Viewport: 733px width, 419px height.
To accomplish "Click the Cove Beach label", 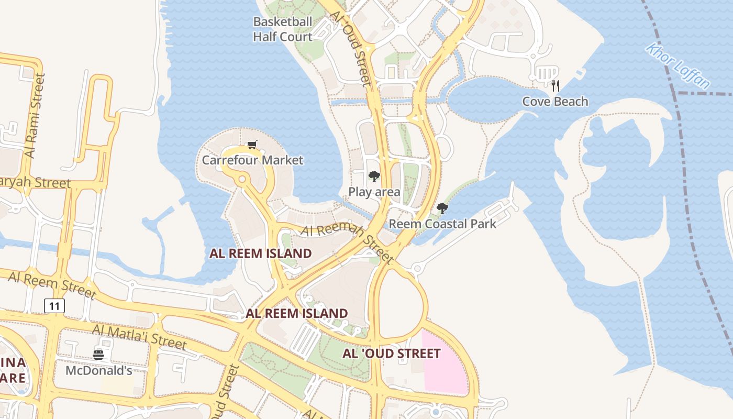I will coord(555,102).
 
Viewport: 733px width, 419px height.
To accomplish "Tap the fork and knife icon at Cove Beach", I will coord(556,86).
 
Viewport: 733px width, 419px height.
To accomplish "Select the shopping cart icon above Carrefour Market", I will coord(252,145).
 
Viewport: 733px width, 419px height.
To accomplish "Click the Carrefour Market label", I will coord(252,160).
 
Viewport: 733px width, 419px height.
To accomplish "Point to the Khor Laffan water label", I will coord(678,66).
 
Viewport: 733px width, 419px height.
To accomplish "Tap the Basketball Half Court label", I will coord(283,29).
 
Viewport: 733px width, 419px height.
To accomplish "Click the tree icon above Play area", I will coord(374,177).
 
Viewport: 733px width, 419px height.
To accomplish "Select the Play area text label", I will coord(374,192).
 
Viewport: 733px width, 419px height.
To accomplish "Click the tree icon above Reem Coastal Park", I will coord(442,208).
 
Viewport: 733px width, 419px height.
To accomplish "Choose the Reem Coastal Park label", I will coord(442,224).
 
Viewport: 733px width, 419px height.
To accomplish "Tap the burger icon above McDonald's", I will coord(98,355).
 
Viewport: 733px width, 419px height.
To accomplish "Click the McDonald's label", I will coord(98,370).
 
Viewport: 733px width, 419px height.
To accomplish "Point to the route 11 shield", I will coord(54,306).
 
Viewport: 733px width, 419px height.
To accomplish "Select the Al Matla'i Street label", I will coord(139,336).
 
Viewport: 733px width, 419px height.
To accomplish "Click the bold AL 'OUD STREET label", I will coord(391,354).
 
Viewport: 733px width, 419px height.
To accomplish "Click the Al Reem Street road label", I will coord(52,285).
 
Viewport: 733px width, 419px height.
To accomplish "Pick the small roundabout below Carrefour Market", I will coord(242,180).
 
